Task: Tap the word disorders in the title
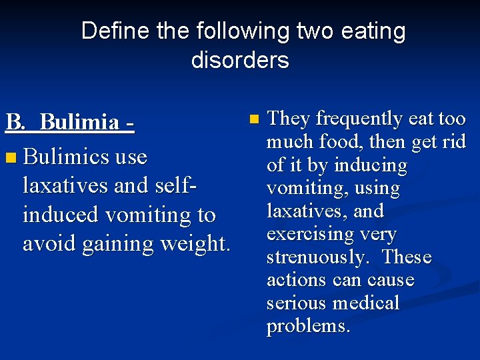coord(240,60)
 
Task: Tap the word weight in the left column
coord(199,244)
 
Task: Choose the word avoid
coord(49,244)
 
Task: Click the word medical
coord(368,303)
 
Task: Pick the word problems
coord(308,326)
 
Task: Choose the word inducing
coord(373,165)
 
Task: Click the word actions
coord(297,280)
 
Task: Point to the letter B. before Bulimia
coord(17,122)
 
